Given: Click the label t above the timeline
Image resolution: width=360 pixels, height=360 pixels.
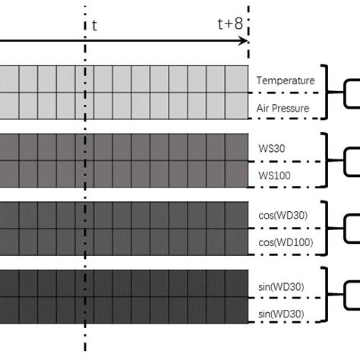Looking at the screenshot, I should click(94, 24).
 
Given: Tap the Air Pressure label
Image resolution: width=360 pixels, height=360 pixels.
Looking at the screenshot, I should click(283, 108).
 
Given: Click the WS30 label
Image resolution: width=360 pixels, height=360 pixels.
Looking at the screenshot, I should click(270, 148).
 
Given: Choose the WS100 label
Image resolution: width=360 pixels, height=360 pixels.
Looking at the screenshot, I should click(272, 175).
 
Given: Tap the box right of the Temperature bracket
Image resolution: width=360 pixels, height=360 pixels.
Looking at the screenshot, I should click(353, 92).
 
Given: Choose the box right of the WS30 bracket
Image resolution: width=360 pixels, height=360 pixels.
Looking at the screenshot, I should click(353, 160).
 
